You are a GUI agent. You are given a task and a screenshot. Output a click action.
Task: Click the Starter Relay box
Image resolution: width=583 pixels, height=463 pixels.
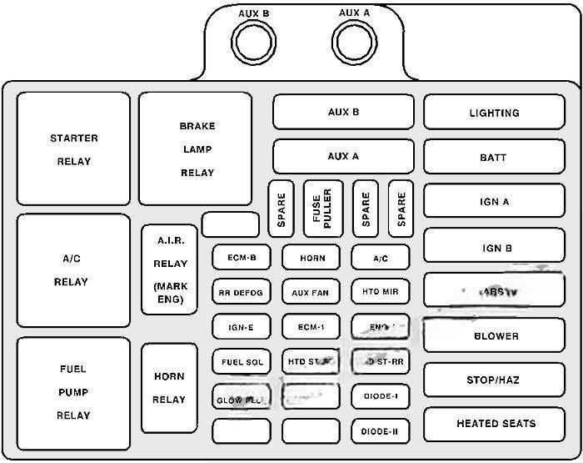73,149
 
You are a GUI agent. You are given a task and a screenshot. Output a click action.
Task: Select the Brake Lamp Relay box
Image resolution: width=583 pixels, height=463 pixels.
196,149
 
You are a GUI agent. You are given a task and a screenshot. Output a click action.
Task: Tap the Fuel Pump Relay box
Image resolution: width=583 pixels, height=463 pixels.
73,392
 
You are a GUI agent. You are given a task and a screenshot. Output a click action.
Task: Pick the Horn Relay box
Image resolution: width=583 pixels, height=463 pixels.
169,388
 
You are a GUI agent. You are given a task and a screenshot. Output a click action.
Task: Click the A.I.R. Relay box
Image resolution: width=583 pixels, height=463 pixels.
170,269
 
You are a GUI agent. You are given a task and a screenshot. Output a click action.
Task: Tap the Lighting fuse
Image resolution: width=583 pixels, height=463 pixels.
493,113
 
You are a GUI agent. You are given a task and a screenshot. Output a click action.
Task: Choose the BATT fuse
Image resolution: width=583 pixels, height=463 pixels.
493,157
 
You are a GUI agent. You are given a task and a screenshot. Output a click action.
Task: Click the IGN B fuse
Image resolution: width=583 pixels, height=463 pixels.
493,247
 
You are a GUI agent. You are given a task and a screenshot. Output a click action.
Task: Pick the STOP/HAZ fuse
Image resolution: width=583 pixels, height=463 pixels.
493,380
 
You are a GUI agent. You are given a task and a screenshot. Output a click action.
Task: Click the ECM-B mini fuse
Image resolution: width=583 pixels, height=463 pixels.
241,258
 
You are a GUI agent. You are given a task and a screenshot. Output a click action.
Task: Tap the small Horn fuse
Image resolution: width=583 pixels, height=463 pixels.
311,258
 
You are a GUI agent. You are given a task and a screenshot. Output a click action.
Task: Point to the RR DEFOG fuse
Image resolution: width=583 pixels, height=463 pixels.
241,293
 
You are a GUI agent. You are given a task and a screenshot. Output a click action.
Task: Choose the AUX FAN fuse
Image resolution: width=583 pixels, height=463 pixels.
311,293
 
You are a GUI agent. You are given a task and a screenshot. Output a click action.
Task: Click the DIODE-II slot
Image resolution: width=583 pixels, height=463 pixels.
381,431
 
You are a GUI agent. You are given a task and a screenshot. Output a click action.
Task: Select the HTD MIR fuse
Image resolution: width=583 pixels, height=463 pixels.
381,293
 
